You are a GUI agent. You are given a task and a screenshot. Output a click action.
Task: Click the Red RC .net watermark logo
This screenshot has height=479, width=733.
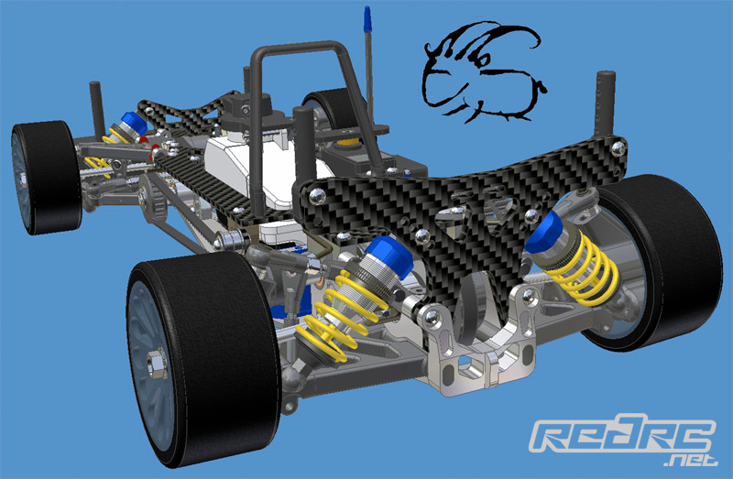[x=623, y=440]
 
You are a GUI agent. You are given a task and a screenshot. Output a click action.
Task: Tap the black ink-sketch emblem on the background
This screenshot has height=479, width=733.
[x=484, y=71]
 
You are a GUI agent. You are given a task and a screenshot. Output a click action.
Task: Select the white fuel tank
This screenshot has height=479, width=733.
[x=262, y=164]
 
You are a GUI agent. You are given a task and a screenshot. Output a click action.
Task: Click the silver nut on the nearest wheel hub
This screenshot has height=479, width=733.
[x=158, y=364]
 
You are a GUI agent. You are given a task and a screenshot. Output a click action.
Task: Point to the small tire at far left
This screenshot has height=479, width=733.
[x=46, y=177]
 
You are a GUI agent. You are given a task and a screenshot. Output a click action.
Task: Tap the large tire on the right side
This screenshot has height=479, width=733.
[x=654, y=262]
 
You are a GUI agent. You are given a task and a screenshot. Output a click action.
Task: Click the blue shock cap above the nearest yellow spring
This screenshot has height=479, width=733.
[x=389, y=256]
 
